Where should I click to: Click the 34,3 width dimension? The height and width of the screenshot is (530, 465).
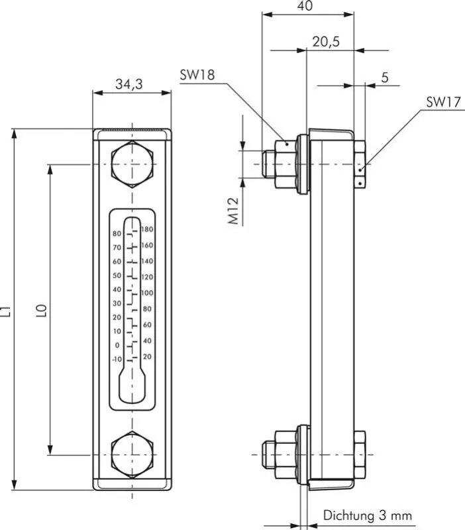pyautogui.click(x=130, y=84)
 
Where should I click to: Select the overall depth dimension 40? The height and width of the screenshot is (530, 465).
pyautogui.click(x=306, y=7)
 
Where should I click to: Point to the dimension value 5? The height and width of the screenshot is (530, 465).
pyautogui.click(x=385, y=78)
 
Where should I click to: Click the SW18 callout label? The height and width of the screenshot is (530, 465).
pyautogui.click(x=197, y=76)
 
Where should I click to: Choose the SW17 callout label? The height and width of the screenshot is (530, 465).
pyautogui.click(x=442, y=102)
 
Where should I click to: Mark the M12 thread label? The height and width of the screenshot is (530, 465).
pyautogui.click(x=234, y=211)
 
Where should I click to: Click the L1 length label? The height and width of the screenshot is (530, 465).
pyautogui.click(x=6, y=310)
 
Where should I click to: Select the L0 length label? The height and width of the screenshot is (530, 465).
pyautogui.click(x=41, y=310)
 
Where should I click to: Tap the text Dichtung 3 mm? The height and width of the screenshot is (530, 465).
pyautogui.click(x=368, y=515)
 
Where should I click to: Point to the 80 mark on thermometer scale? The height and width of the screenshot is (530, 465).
pyautogui.click(x=117, y=234)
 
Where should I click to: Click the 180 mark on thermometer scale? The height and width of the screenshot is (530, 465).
pyautogui.click(x=148, y=229)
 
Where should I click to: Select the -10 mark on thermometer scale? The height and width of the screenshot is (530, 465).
pyautogui.click(x=117, y=359)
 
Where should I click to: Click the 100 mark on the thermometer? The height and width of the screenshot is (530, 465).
pyautogui.click(x=148, y=293)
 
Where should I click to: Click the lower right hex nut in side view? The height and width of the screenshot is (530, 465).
pyautogui.click(x=359, y=454)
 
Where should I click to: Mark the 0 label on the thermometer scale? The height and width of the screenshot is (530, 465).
pyautogui.click(x=118, y=345)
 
